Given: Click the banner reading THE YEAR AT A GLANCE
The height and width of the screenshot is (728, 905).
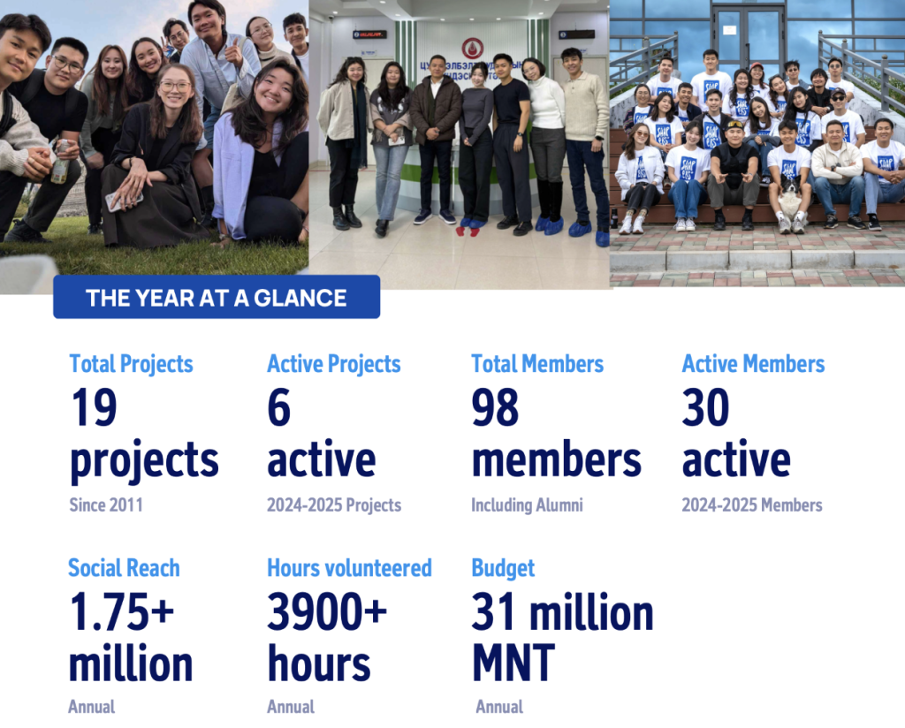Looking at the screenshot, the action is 217,297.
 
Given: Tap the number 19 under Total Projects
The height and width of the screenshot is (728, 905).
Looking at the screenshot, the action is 94,407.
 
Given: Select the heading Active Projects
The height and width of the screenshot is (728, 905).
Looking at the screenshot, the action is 333,364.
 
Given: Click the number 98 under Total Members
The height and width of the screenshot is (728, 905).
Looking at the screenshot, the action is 495,407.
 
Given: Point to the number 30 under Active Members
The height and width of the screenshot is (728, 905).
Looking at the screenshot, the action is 705,407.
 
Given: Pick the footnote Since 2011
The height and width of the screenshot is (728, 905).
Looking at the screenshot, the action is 106,504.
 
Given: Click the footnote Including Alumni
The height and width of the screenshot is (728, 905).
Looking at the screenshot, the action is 527,504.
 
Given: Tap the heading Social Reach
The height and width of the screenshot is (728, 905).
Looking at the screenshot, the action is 124,568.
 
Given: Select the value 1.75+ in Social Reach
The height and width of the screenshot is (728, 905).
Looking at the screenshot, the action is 122,611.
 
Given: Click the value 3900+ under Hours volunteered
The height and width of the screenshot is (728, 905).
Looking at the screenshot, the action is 327,611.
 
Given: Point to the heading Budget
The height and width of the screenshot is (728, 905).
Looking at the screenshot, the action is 503,569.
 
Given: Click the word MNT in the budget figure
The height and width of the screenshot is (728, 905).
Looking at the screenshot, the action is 513,664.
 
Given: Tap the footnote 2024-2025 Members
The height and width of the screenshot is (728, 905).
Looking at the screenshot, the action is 752,504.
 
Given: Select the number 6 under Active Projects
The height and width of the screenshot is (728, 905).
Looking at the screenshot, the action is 278,407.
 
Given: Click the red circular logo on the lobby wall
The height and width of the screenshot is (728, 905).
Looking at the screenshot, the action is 473,49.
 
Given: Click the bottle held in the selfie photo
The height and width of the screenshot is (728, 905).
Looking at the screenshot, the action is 60,163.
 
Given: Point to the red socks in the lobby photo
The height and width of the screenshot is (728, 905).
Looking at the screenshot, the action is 468,231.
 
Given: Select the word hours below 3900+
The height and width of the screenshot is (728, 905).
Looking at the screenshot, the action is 318,664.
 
